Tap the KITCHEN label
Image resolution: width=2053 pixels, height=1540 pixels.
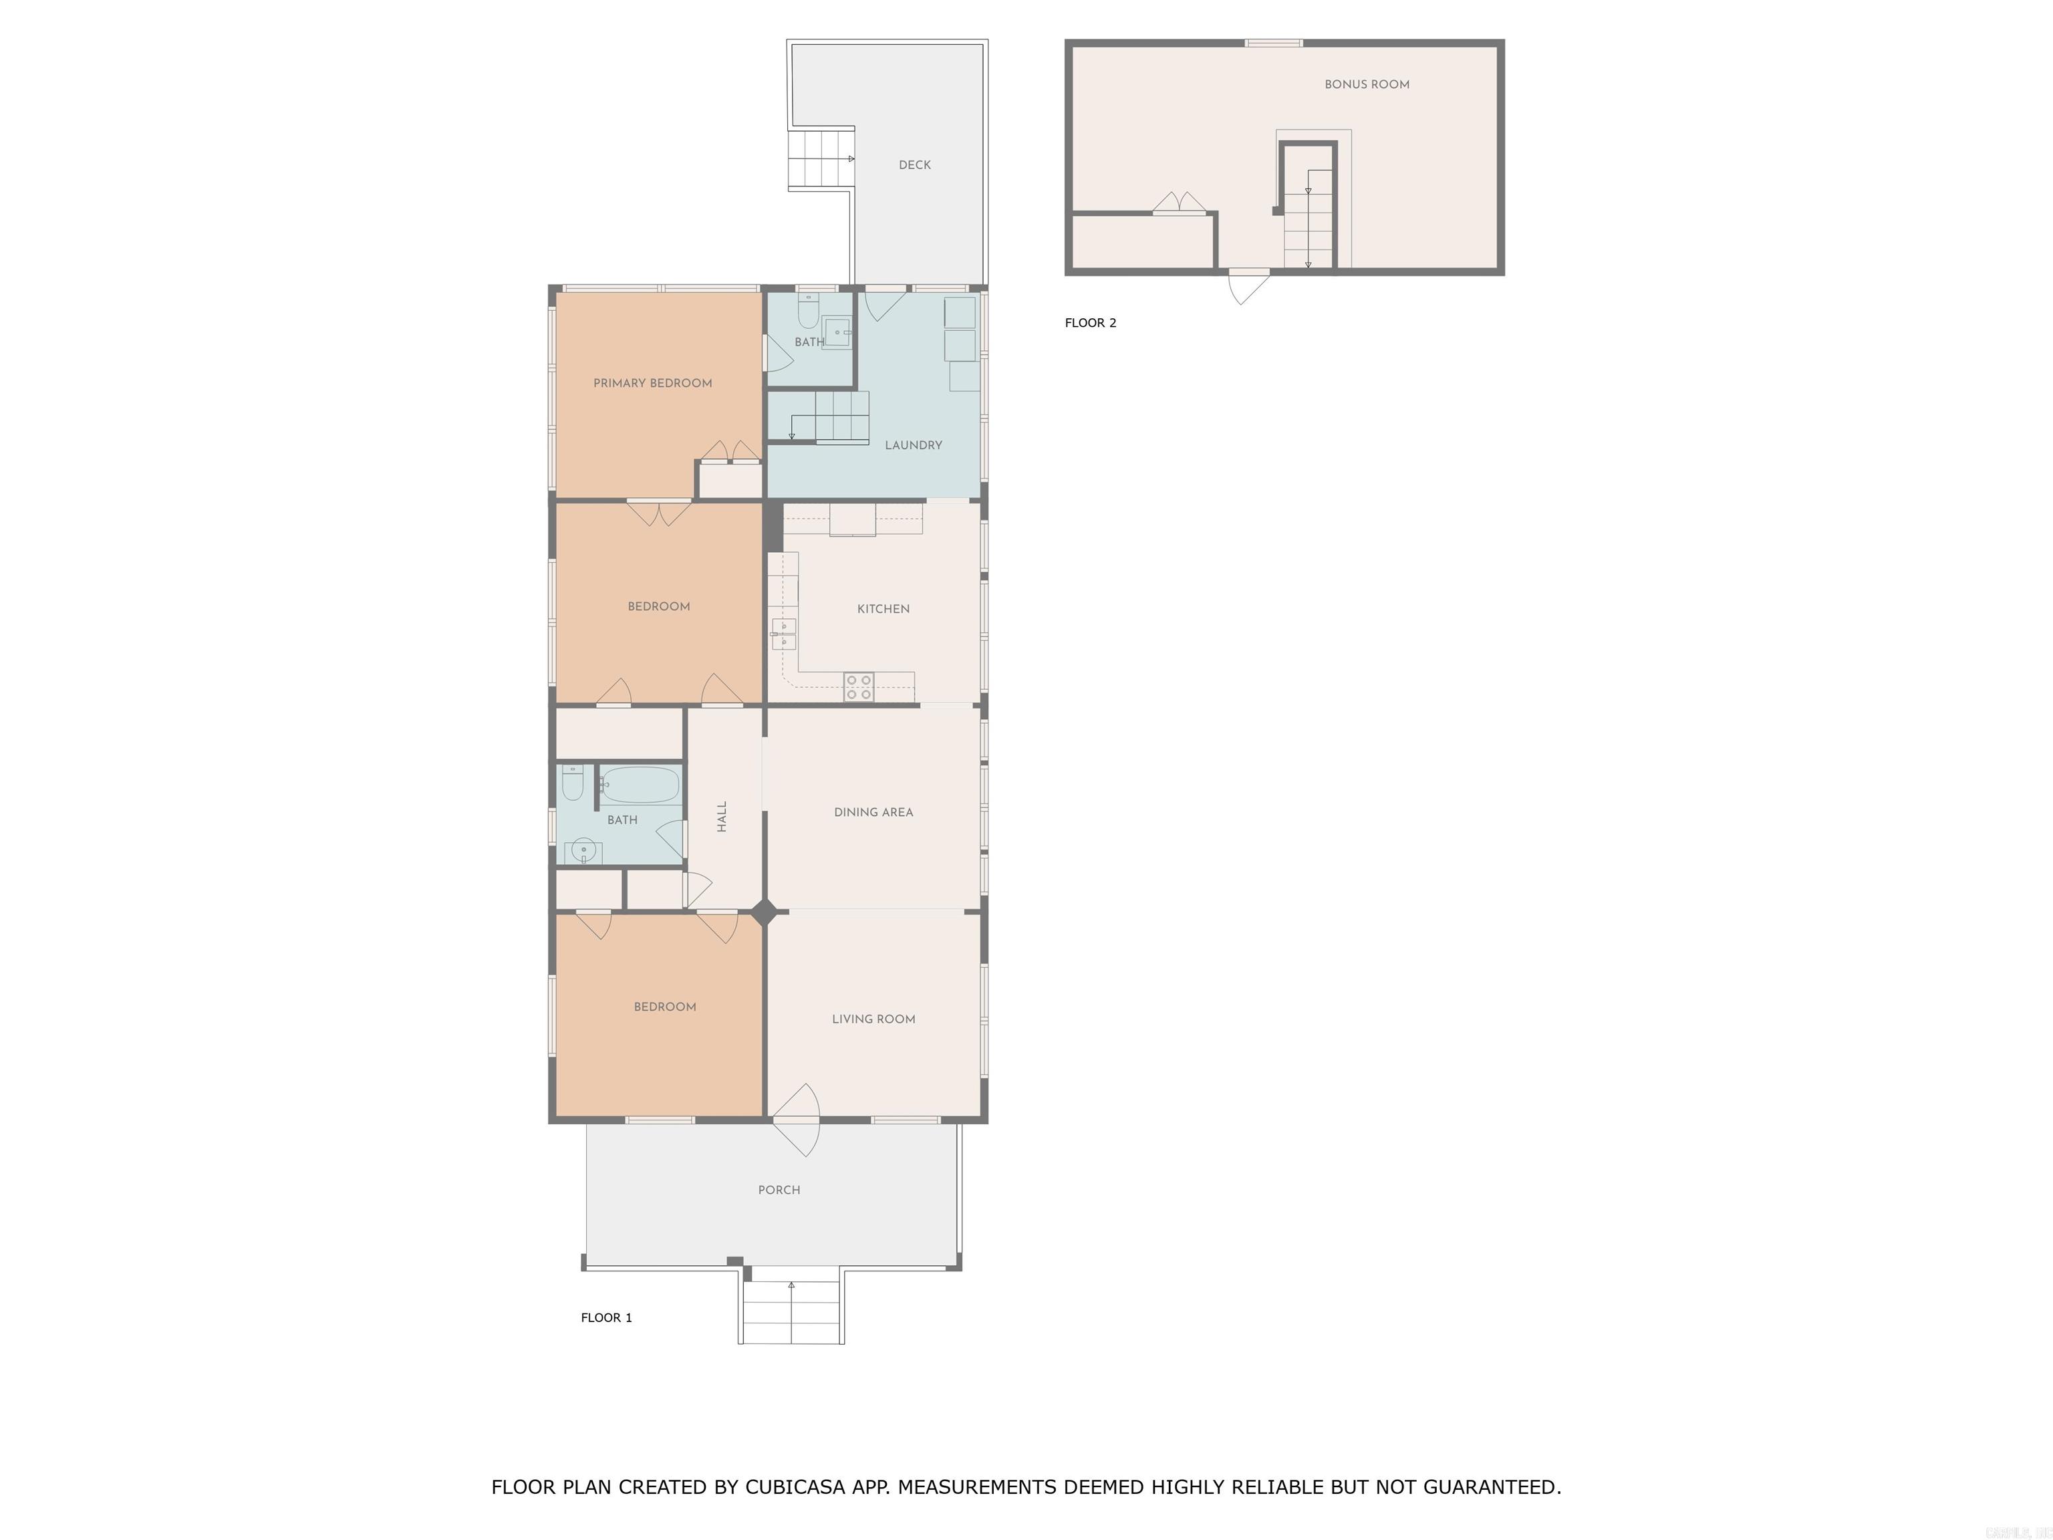tap(883, 609)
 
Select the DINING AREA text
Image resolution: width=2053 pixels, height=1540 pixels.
tap(872, 812)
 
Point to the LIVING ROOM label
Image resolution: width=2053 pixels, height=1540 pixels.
tap(872, 1019)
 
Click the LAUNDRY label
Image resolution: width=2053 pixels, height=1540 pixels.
tap(912, 446)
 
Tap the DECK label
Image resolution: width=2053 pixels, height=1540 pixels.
tap(914, 165)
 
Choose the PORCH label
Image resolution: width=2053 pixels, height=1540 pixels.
tap(779, 1190)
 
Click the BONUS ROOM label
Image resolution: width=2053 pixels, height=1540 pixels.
tap(1366, 84)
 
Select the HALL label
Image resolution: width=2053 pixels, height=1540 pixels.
tap(722, 816)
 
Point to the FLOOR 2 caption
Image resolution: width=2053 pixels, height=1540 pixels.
tap(1089, 323)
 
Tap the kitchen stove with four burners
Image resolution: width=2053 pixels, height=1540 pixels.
tap(859, 687)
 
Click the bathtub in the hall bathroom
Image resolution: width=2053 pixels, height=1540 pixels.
tap(640, 785)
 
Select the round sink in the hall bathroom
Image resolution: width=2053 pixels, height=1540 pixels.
tap(583, 850)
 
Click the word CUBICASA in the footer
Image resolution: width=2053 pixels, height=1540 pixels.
tap(795, 1487)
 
